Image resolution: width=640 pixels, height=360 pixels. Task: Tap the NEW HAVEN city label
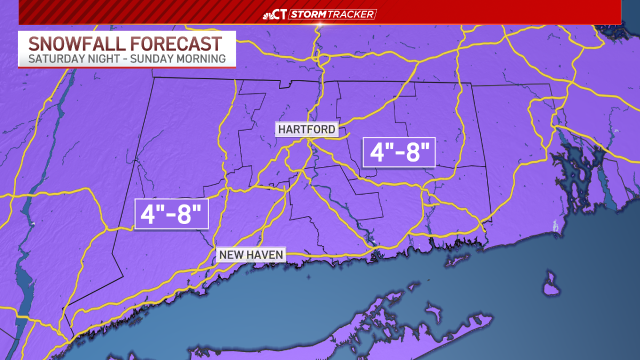[251, 255]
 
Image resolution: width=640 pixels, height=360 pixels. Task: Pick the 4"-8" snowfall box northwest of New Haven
[171, 213]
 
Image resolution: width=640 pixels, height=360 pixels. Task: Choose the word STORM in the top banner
[307, 14]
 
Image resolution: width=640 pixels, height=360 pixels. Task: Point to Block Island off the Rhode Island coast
[550, 283]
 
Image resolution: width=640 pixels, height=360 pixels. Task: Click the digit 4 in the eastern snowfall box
[377, 153]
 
